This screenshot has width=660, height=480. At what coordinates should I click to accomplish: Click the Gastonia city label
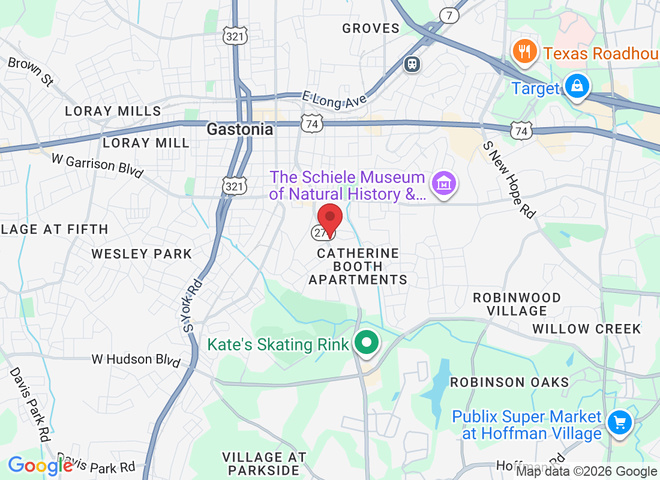click(240, 129)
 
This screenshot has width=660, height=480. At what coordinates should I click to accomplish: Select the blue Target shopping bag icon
click(577, 86)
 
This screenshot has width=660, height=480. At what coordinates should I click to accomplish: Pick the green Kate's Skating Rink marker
click(366, 344)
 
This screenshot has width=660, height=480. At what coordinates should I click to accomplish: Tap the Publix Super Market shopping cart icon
click(619, 423)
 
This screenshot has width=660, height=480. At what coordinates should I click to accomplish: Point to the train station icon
click(412, 63)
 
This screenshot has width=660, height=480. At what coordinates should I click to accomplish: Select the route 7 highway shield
click(449, 16)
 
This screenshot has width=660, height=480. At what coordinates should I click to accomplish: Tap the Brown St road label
click(31, 71)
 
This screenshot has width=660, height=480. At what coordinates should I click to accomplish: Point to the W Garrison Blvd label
click(98, 166)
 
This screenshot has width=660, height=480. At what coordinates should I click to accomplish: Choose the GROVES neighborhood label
click(371, 28)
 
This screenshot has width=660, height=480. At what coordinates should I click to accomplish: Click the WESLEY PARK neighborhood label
click(142, 254)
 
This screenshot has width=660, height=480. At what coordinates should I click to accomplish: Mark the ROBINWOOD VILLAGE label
click(517, 304)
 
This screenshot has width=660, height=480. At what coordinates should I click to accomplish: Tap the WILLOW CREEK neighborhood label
click(587, 329)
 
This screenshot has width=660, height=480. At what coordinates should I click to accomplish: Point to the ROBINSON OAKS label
click(509, 382)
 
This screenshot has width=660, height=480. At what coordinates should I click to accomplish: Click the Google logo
click(40, 466)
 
